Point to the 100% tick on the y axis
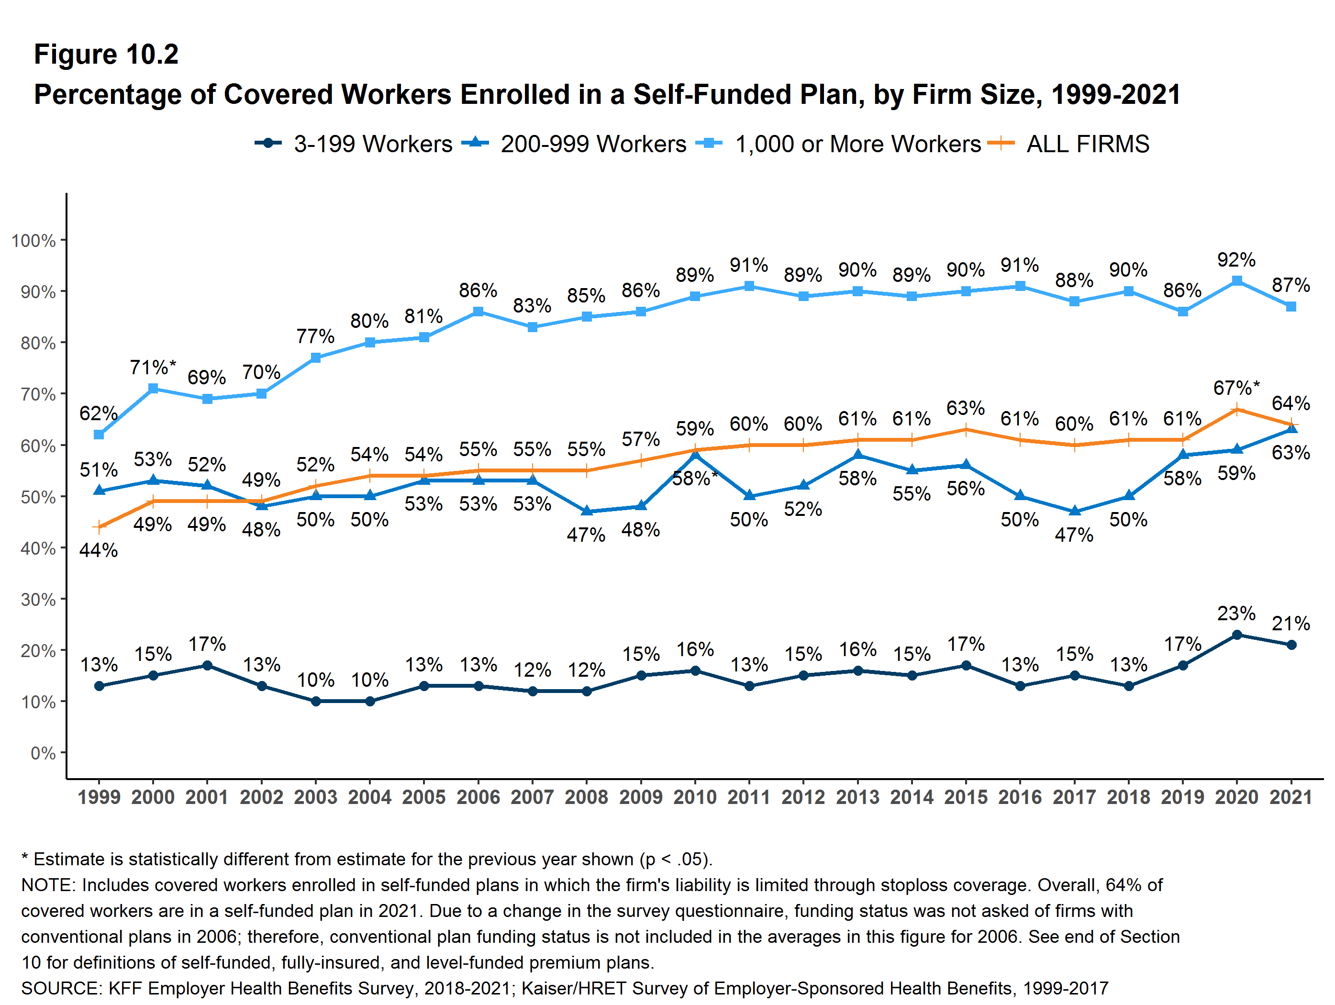point(33,241)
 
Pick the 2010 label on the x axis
point(695,797)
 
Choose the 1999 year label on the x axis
point(99,797)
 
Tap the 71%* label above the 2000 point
point(153,368)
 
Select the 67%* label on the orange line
point(1236,388)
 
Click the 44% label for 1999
point(99,550)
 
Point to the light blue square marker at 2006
point(478,312)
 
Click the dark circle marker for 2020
point(1236,635)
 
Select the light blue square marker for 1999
point(99,435)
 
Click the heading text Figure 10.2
point(106,55)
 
